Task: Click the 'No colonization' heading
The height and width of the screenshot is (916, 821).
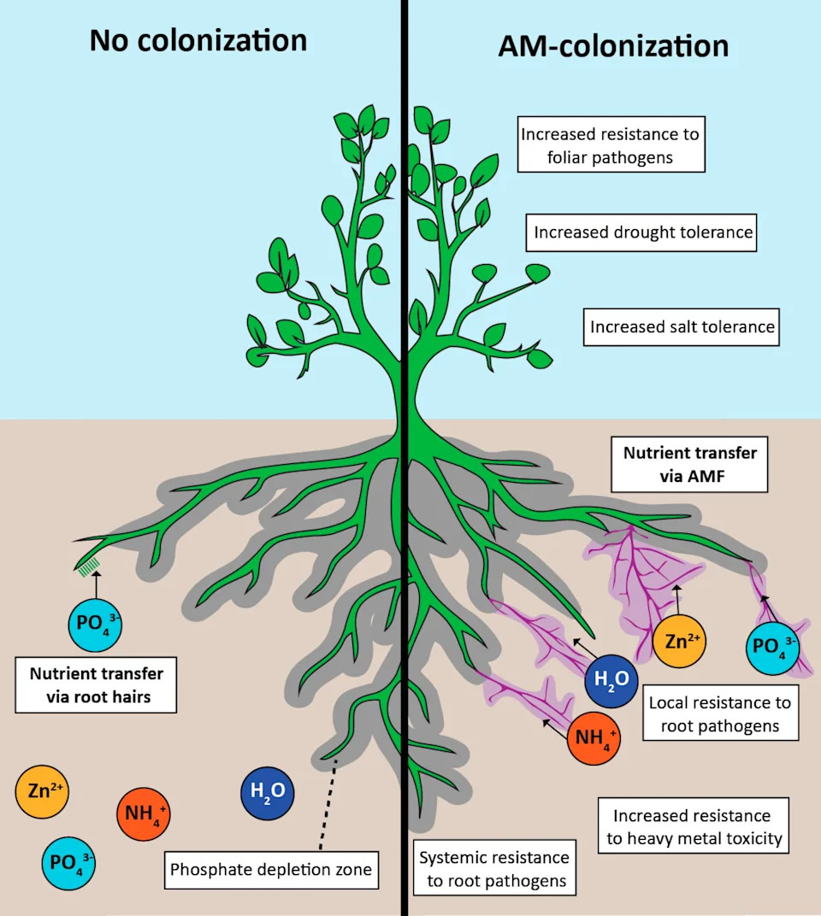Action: click(x=198, y=41)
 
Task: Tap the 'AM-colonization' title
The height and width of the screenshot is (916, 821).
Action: click(x=613, y=46)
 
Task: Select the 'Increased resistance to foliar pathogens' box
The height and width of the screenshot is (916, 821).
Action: click(x=611, y=144)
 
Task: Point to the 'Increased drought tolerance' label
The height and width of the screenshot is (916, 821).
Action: click(x=641, y=232)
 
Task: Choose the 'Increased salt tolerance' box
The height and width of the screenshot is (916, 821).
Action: click(x=682, y=327)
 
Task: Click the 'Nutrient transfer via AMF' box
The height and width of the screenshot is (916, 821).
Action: click(x=689, y=465)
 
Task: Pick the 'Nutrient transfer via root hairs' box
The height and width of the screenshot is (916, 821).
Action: click(x=96, y=685)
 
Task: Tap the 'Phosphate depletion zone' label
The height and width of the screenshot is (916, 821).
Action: click(x=271, y=870)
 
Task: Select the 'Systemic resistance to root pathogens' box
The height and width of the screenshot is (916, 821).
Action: click(x=494, y=868)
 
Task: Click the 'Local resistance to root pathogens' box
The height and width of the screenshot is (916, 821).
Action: click(x=720, y=713)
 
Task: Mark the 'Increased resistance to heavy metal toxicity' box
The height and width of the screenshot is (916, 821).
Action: click(x=694, y=826)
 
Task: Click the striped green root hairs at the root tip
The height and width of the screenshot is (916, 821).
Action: click(x=89, y=566)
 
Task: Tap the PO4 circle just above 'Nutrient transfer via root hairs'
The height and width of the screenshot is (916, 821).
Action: click(x=95, y=625)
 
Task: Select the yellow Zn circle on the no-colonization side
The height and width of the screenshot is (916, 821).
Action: click(x=42, y=791)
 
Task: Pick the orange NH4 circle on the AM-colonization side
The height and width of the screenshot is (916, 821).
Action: click(x=594, y=738)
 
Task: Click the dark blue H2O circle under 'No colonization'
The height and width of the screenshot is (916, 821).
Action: click(x=268, y=793)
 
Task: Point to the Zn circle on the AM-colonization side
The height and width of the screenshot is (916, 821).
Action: click(x=679, y=642)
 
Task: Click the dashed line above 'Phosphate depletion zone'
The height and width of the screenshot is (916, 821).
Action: click(x=328, y=804)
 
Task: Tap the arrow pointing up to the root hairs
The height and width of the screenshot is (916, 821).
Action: click(x=97, y=585)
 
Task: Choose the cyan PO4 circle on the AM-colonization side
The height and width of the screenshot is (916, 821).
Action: click(x=772, y=648)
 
